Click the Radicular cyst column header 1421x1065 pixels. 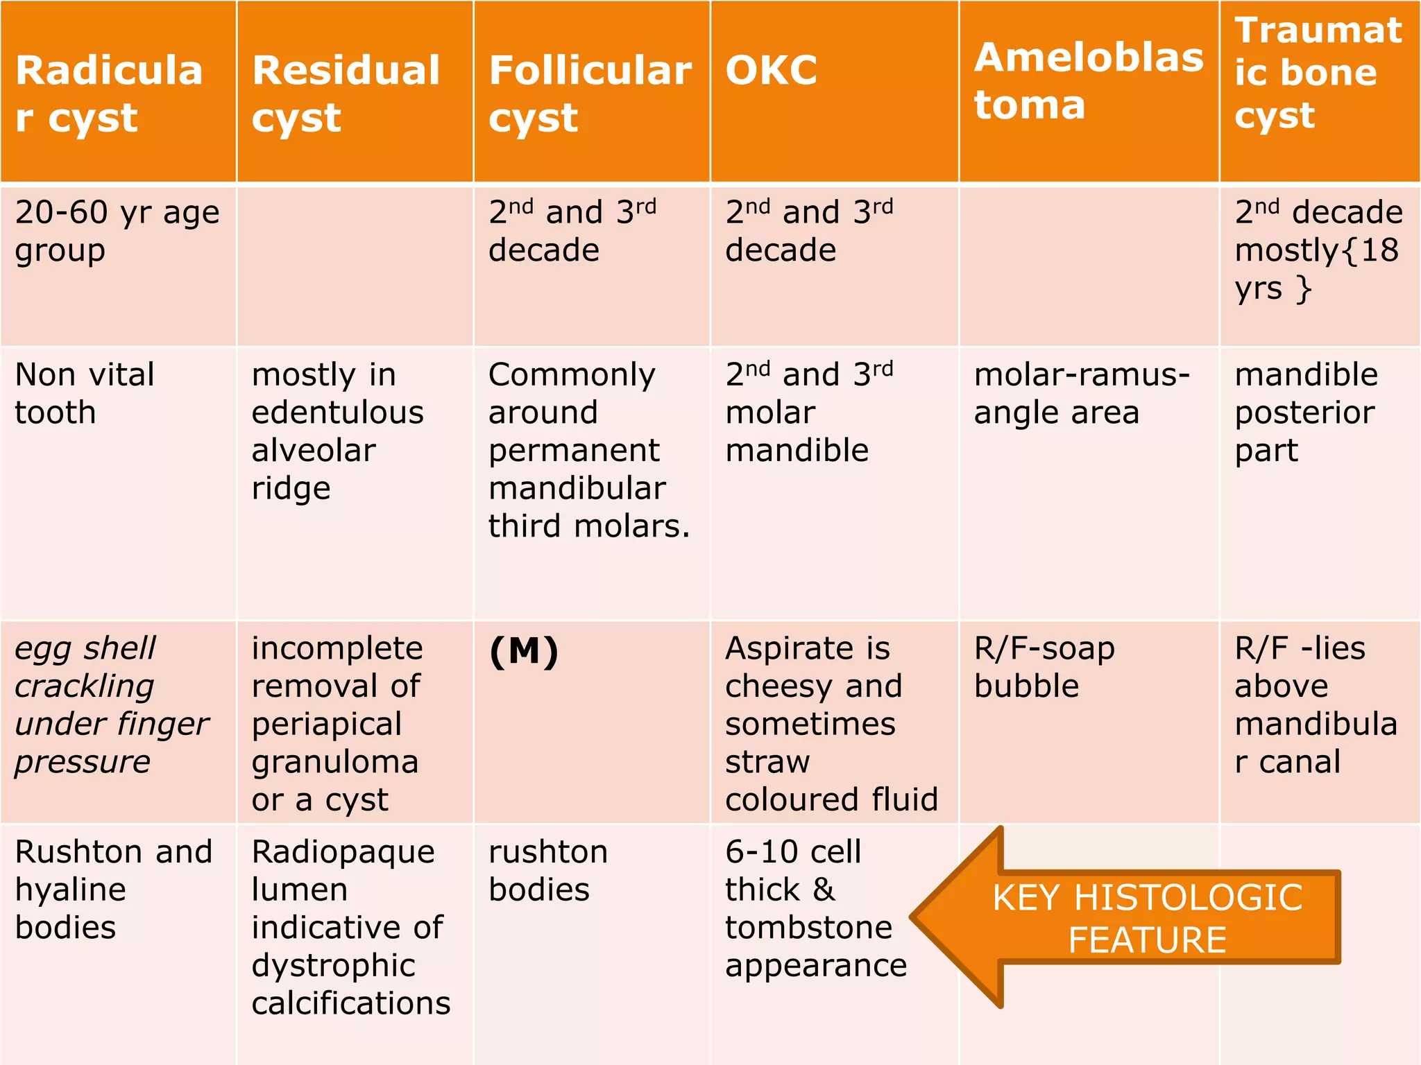(109, 93)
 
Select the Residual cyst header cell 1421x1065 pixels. (346, 93)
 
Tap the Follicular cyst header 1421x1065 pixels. (590, 93)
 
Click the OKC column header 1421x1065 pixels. (772, 71)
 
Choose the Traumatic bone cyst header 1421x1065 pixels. (1318, 72)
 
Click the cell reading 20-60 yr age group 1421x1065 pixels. (117, 231)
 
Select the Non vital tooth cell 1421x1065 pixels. (84, 393)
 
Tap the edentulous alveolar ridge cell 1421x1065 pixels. (337, 431)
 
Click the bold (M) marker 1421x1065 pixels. (524, 652)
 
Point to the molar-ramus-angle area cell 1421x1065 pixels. (1081, 393)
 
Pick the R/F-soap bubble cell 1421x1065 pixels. (1044, 667)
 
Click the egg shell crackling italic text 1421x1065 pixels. (111, 704)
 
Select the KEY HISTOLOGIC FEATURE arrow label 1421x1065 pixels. (1147, 919)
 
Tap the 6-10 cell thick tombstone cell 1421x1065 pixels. (815, 908)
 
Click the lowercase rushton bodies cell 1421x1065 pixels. (548, 870)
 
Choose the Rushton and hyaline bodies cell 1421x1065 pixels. (113, 890)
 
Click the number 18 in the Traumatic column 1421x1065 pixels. (1379, 250)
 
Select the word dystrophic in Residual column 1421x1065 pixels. (333, 966)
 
